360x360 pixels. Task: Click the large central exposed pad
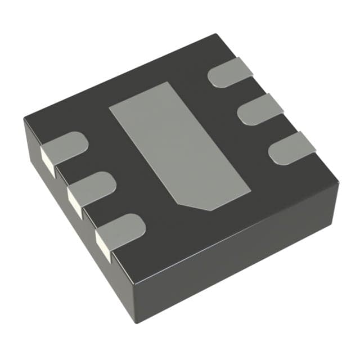pos(177,144)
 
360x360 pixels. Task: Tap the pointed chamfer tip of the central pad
pos(209,210)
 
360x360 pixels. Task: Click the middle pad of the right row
pos(259,110)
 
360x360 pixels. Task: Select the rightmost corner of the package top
pos(338,181)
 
